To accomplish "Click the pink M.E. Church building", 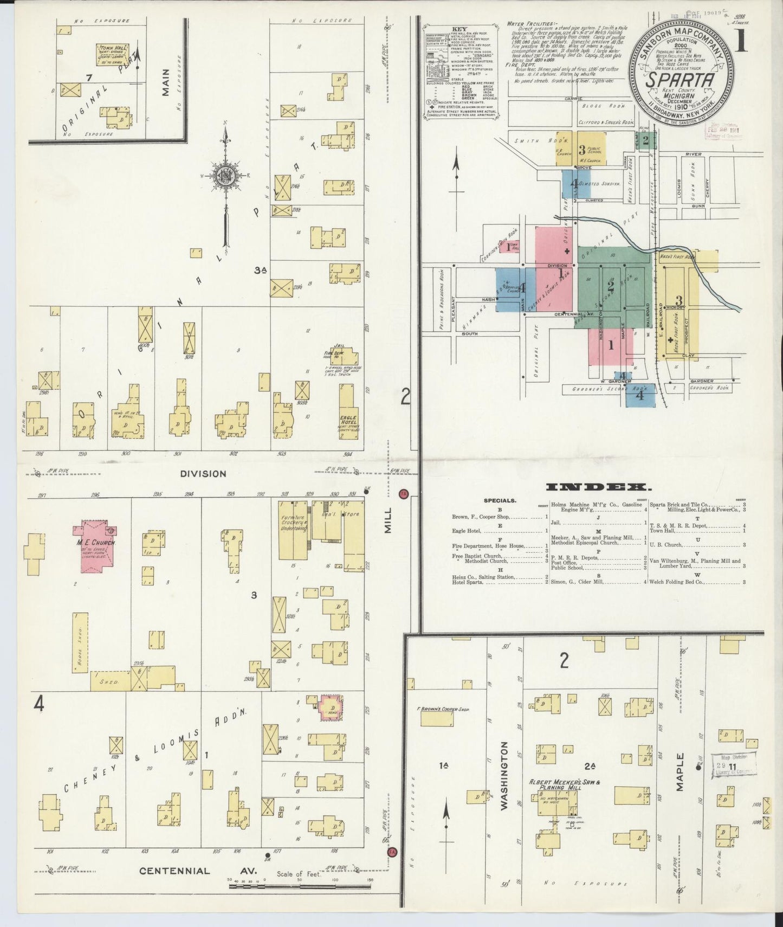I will click(x=97, y=545).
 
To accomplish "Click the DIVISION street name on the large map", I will click(x=203, y=473).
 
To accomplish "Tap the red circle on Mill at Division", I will click(x=403, y=493).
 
